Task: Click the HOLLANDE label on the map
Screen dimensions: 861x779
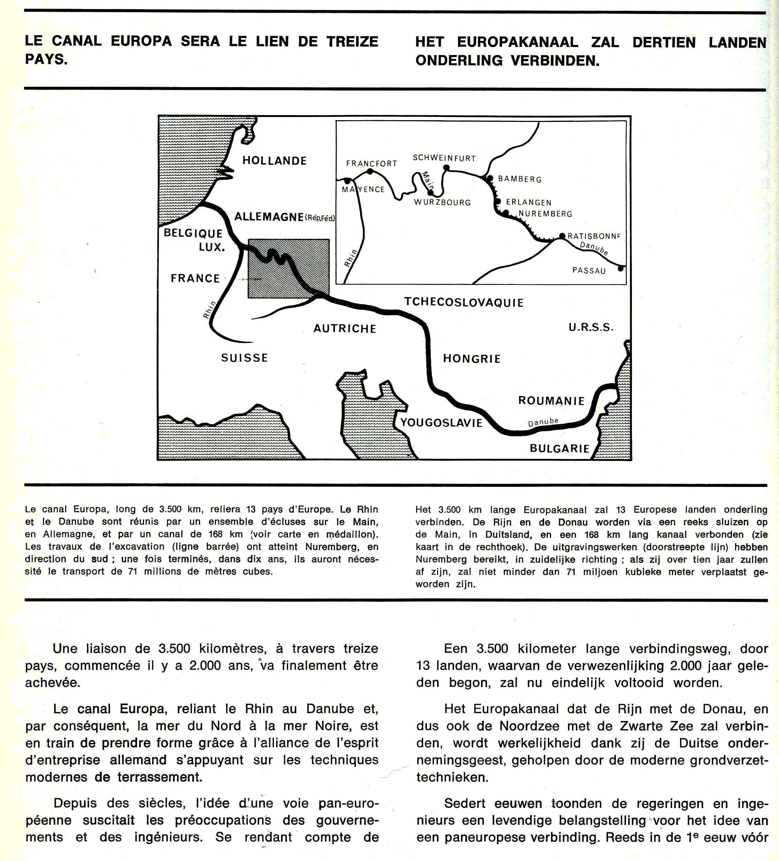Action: tap(274, 161)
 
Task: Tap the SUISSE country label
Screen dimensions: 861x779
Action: tap(244, 358)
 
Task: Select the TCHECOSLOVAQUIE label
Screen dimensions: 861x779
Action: tap(464, 302)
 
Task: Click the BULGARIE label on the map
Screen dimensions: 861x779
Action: tap(559, 449)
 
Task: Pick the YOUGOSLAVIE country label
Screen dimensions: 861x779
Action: tap(441, 423)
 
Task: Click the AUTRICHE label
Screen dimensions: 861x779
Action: tap(345, 328)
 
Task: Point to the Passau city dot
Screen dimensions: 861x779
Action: tap(621, 269)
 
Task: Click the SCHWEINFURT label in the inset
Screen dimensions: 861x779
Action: tap(444, 158)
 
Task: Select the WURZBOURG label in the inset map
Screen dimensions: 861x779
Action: tap(442, 202)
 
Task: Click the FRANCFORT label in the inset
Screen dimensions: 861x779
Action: tap(371, 164)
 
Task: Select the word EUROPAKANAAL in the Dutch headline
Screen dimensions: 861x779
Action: tap(518, 42)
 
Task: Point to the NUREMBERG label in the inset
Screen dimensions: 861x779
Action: tap(545, 214)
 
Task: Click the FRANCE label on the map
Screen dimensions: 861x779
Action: tap(195, 278)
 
